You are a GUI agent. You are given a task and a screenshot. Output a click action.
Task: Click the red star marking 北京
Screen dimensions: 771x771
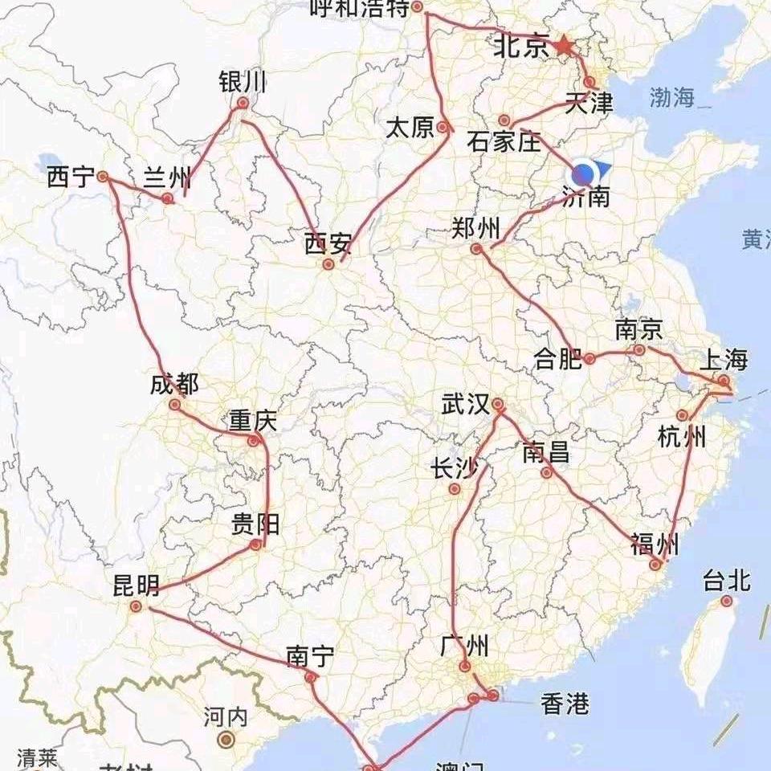pos(564,47)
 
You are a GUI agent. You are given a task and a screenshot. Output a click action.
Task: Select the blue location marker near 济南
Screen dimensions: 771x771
pos(585,173)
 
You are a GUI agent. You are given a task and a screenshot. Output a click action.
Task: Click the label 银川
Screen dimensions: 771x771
pos(242,82)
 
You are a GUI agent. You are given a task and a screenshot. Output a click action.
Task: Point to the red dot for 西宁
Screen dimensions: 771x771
pos(103,176)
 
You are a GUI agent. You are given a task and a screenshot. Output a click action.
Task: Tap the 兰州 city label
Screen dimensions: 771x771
pos(166,177)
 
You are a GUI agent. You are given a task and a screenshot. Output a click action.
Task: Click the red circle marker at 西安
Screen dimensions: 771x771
pos(328,263)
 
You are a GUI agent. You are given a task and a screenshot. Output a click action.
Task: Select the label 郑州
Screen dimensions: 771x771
pos(476,228)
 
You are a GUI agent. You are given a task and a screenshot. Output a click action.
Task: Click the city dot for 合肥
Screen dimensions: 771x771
pos(589,359)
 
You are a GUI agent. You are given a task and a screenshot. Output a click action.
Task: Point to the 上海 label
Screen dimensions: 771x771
pos(724,359)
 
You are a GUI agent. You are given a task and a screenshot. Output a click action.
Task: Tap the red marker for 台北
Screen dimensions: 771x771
pos(727,601)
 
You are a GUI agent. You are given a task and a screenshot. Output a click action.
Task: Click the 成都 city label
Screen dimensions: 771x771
pos(174,385)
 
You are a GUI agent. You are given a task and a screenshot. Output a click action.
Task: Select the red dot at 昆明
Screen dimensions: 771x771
pos(136,606)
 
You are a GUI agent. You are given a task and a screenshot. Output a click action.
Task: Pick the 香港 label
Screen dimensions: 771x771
pos(565,705)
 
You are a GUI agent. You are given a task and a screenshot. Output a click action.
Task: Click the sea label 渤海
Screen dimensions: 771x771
pos(673,99)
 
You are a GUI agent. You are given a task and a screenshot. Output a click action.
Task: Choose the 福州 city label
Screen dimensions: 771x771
pos(655,545)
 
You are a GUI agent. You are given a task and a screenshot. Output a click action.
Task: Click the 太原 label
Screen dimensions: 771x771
pos(410,128)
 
